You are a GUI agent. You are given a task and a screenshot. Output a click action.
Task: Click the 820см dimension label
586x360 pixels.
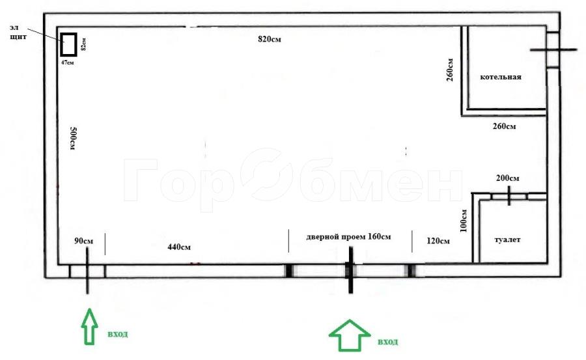270,39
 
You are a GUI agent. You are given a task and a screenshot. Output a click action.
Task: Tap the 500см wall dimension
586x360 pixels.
73,138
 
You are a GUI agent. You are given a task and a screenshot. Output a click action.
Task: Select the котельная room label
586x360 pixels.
501,77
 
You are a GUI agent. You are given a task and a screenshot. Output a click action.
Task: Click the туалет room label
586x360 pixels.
507,240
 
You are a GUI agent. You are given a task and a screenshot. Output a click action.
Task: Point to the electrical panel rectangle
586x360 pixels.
69,44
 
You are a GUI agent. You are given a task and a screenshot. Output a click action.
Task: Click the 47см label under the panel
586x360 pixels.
68,62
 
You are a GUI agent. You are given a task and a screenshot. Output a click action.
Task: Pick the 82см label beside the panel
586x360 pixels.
83,44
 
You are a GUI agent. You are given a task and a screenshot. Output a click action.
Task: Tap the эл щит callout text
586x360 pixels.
18,32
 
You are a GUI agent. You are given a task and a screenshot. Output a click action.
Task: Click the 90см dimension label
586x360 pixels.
84,241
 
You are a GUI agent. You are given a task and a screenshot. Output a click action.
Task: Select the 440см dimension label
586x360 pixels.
179,247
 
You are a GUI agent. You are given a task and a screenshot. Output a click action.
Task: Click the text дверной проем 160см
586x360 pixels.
349,236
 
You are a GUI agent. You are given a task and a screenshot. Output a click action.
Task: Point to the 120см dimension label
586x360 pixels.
438,241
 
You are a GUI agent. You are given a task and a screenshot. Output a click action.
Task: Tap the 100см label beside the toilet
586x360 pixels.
464,221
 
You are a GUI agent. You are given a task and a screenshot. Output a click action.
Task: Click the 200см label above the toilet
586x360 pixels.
507,178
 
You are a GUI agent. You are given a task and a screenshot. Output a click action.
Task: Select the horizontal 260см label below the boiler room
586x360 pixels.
504,126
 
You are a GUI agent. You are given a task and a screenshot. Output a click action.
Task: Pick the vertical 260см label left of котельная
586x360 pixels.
449,70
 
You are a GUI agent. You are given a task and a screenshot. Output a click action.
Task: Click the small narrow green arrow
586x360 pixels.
90,326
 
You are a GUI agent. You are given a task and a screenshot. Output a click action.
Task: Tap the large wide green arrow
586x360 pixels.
350,335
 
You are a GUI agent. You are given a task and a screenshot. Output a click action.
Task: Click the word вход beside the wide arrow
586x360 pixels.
388,342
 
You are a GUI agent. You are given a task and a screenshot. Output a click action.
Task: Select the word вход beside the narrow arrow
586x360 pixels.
118,334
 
